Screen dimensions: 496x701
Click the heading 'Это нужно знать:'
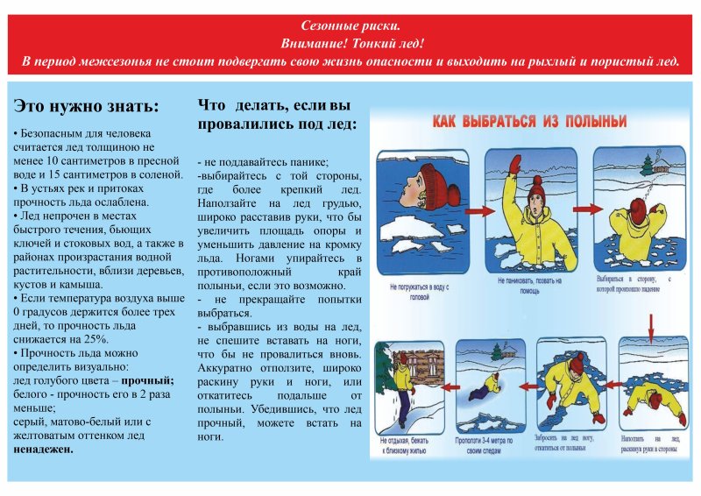tap(87, 107)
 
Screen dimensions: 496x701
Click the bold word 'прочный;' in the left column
tap(147, 380)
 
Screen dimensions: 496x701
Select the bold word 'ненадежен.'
tap(43, 449)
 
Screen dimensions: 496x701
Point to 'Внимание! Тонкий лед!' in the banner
tap(350, 44)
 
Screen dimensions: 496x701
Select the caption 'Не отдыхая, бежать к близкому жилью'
tap(406, 447)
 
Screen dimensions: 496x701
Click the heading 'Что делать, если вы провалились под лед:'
tap(277, 115)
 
